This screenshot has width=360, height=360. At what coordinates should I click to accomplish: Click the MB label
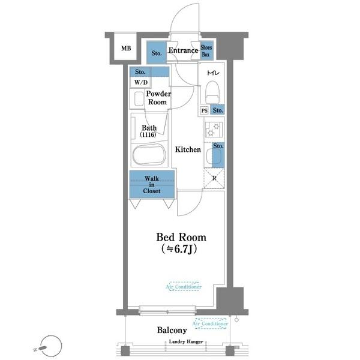(126, 49)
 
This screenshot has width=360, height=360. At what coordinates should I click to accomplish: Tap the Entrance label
(183, 50)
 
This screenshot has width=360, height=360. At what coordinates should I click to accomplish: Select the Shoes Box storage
(206, 50)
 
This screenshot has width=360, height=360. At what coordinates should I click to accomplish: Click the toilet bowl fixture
(213, 92)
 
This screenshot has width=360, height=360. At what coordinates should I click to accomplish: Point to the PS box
(205, 110)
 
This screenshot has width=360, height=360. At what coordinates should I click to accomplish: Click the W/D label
(141, 82)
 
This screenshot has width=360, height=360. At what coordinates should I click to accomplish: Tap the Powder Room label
(158, 98)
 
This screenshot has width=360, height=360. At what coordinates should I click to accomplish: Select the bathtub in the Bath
(149, 155)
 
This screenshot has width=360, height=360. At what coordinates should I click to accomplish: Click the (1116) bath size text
(148, 134)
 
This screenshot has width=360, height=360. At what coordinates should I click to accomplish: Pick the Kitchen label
(188, 149)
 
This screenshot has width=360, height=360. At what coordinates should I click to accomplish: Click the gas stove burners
(214, 130)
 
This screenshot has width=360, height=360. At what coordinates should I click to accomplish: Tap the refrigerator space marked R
(214, 178)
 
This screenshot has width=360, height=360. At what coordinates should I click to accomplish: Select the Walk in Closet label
(152, 185)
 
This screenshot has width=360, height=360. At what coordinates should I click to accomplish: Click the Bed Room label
(181, 238)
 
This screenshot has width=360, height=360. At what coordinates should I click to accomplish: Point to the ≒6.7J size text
(179, 249)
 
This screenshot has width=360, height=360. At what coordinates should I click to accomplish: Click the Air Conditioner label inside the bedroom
(184, 287)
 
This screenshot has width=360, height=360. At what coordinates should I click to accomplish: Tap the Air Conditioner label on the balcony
(210, 323)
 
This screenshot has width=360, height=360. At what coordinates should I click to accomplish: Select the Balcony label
(172, 330)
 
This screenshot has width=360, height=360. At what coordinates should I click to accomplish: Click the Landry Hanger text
(186, 341)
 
